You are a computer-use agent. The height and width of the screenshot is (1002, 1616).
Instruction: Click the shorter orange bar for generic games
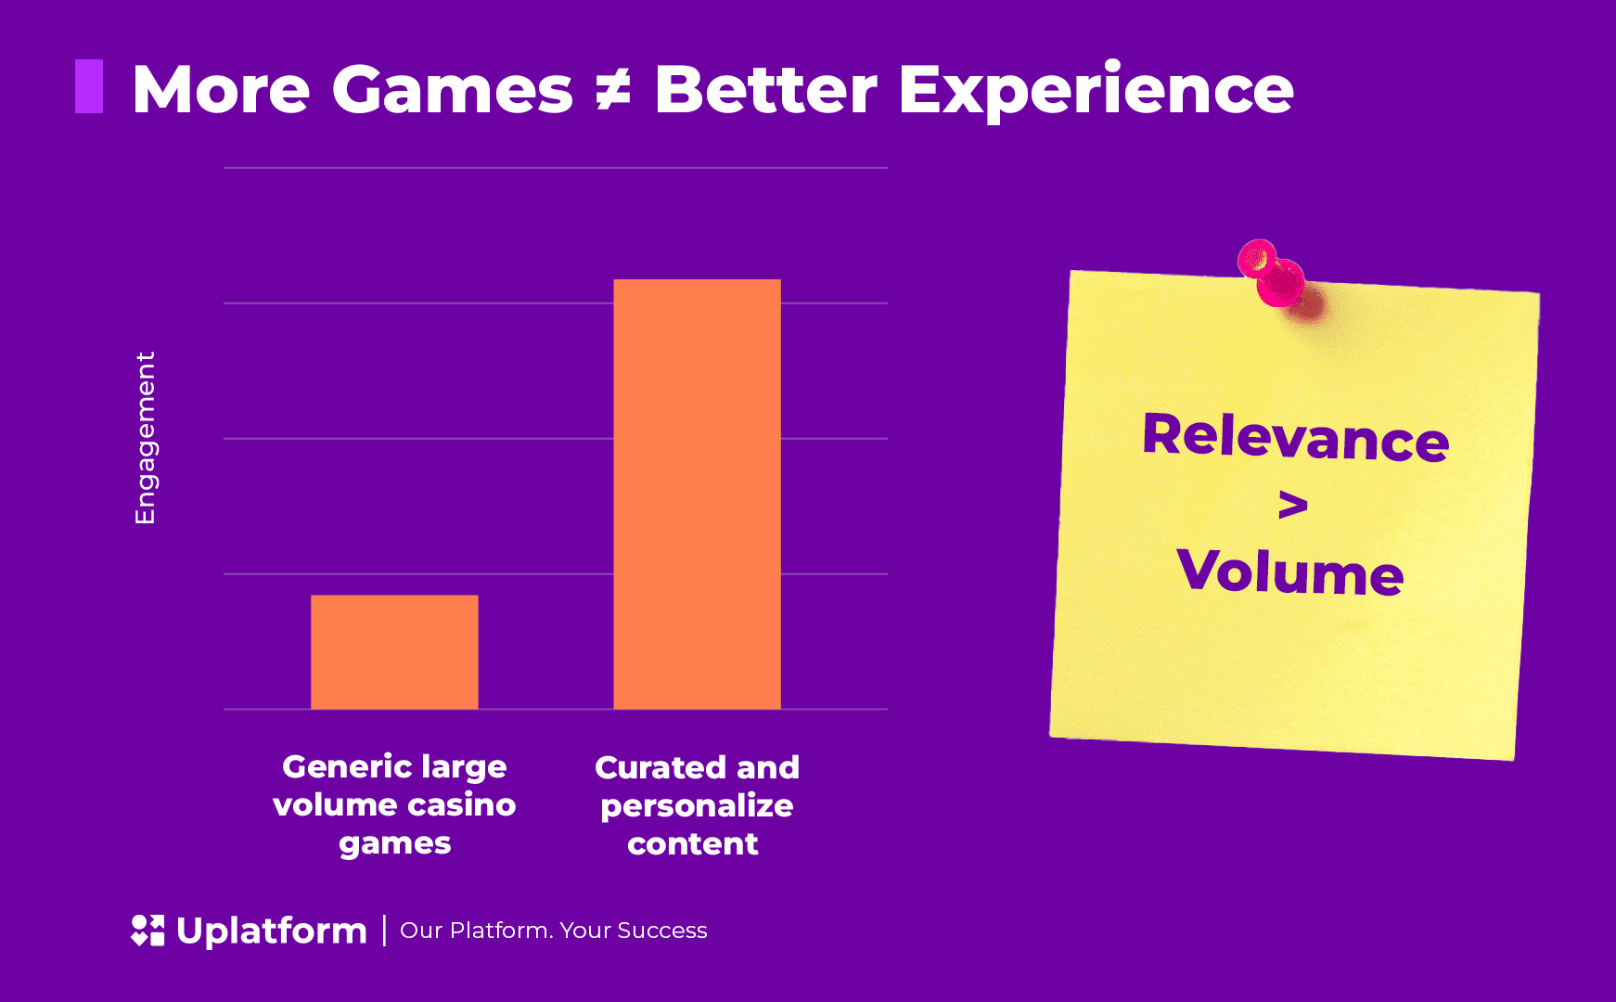[x=394, y=652]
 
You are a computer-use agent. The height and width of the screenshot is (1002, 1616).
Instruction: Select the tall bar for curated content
[x=697, y=495]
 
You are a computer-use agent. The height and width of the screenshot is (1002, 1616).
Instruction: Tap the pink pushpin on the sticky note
[x=1272, y=273]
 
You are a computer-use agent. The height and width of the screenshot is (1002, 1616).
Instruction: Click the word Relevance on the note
[x=1295, y=436]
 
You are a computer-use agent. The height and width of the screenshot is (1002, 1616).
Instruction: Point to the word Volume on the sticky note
[x=1289, y=572]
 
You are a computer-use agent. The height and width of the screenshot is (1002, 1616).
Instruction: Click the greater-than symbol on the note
[x=1293, y=505]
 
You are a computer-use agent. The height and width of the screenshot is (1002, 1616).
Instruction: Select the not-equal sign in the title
[x=613, y=90]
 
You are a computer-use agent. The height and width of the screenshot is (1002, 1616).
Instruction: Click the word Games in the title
[x=453, y=90]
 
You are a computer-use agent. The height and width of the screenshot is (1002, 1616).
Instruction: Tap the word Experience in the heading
[x=1096, y=90]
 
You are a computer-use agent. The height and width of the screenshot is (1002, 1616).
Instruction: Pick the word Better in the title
[x=765, y=90]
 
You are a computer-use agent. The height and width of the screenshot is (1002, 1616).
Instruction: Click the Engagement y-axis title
[x=146, y=438]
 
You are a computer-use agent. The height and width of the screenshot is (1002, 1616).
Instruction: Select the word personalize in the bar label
[x=697, y=806]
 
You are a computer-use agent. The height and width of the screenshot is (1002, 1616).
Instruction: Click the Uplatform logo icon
[x=147, y=931]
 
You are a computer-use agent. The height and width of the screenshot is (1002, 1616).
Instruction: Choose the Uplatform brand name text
[x=272, y=931]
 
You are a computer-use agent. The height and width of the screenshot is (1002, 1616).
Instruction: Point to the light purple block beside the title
[x=89, y=86]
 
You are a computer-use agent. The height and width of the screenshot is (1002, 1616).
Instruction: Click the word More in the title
[x=221, y=90]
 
